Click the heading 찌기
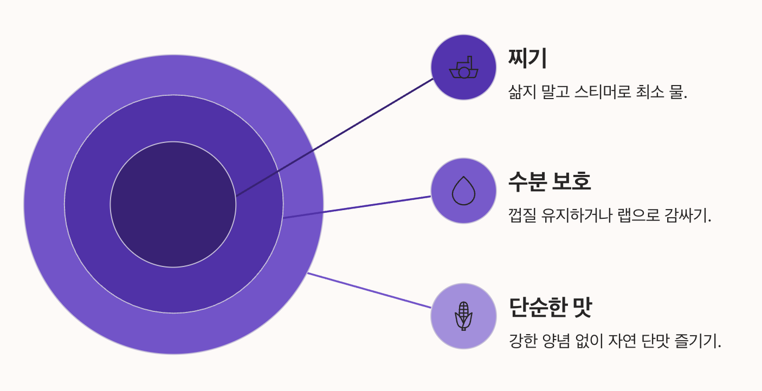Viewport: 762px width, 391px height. click(x=527, y=58)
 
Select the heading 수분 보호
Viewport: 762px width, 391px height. click(x=550, y=181)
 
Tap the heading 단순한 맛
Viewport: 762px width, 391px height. click(x=551, y=307)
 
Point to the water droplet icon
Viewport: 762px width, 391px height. click(x=463, y=191)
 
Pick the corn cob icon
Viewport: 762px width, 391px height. click(x=463, y=316)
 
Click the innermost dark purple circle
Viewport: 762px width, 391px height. click(x=173, y=204)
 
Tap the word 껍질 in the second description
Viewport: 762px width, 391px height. click(x=522, y=216)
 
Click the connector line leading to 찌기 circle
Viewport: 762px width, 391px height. click(x=335, y=138)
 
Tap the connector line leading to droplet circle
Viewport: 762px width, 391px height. click(x=357, y=207)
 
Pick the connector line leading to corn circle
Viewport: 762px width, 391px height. click(x=369, y=290)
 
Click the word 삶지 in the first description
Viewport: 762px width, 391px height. click(x=522, y=92)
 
